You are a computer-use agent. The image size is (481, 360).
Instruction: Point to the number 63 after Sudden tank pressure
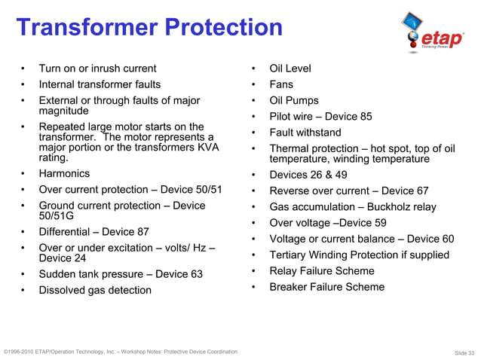[195, 274]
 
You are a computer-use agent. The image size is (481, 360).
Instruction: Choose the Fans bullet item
[281, 84]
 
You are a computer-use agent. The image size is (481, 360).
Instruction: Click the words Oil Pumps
[294, 100]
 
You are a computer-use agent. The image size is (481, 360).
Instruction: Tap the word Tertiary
[290, 255]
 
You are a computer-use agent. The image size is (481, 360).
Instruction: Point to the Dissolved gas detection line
[95, 290]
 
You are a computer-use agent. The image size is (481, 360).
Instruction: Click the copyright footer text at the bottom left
[121, 352]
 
